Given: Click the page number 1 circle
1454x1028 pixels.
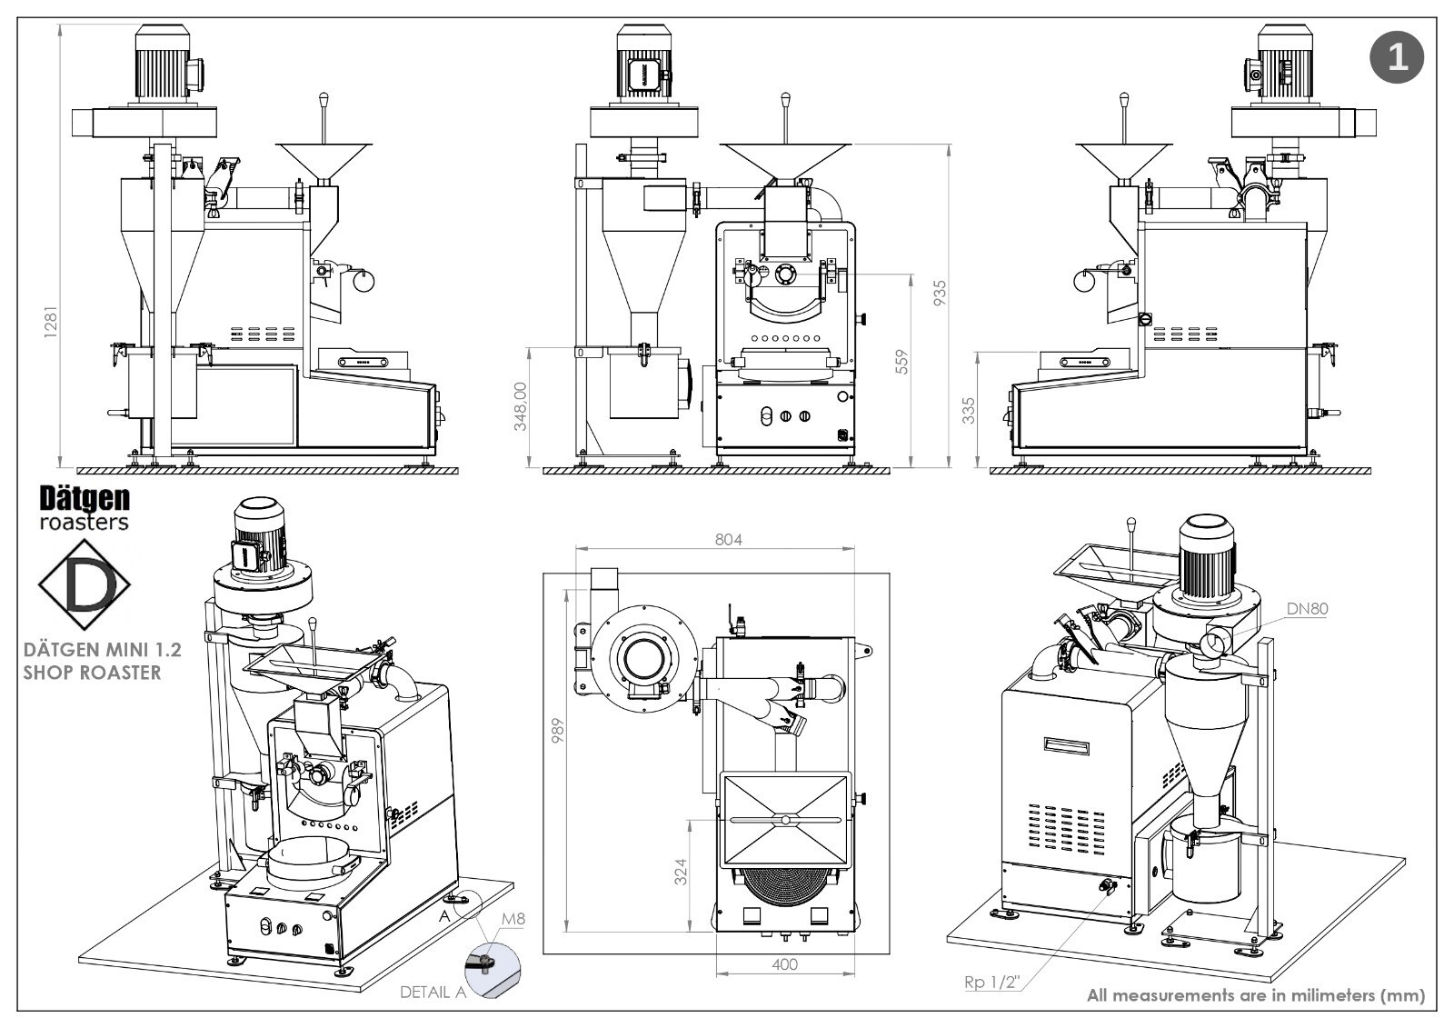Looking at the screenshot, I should pyautogui.click(x=1396, y=56).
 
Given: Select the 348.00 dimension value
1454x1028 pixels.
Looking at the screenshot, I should pyautogui.click(x=521, y=405).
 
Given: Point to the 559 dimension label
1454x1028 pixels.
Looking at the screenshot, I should pyautogui.click(x=901, y=362).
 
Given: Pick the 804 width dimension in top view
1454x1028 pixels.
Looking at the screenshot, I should pyautogui.click(x=728, y=539).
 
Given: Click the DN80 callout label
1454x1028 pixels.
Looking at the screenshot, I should pyautogui.click(x=1306, y=609).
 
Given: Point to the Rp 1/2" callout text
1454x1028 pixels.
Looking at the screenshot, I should pyautogui.click(x=992, y=982).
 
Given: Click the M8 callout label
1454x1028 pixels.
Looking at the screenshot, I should pyautogui.click(x=513, y=919).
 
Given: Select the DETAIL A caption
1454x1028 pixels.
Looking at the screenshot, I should pyautogui.click(x=433, y=992).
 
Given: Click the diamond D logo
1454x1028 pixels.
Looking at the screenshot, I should pyautogui.click(x=84, y=585).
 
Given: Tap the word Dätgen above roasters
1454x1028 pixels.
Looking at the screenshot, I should pyautogui.click(x=85, y=498).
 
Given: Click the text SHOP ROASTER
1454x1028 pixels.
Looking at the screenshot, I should pyautogui.click(x=91, y=673).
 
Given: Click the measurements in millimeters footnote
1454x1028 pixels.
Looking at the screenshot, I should pyautogui.click(x=1255, y=994).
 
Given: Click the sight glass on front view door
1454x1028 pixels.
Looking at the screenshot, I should pyautogui.click(x=784, y=274).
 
